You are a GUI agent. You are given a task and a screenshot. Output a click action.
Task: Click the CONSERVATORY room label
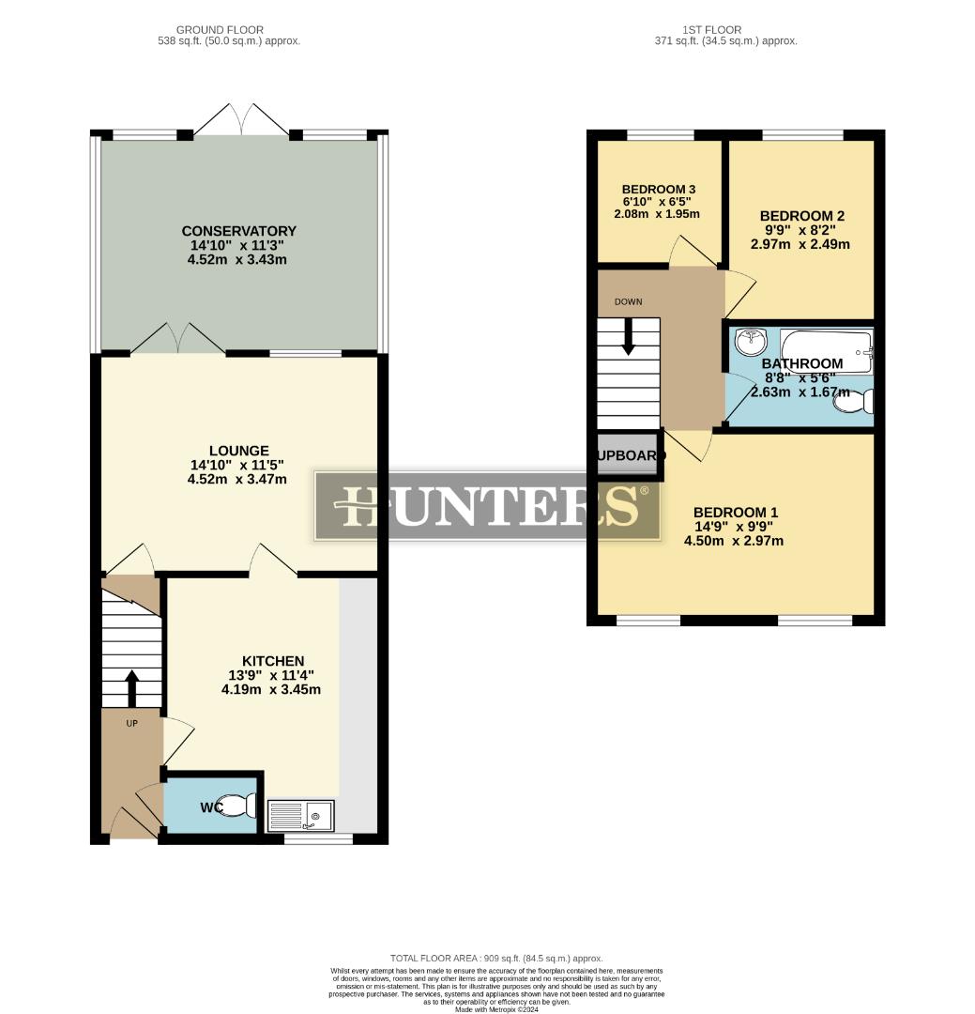click(x=238, y=231)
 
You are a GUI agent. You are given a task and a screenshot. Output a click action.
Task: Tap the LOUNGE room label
click(x=238, y=451)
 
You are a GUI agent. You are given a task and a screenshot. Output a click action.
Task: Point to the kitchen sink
click(x=301, y=815)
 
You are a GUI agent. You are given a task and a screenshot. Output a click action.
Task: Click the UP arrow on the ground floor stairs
click(x=131, y=687)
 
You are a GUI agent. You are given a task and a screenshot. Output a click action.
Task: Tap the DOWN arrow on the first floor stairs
click(x=628, y=336)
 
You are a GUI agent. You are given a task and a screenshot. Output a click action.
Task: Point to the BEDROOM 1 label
click(x=736, y=512)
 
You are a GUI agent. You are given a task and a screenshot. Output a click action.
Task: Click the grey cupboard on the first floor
click(x=629, y=455)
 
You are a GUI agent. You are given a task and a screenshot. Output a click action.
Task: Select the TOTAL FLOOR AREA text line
click(x=496, y=959)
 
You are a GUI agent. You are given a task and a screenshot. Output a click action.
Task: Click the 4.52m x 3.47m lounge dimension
click(x=237, y=479)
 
